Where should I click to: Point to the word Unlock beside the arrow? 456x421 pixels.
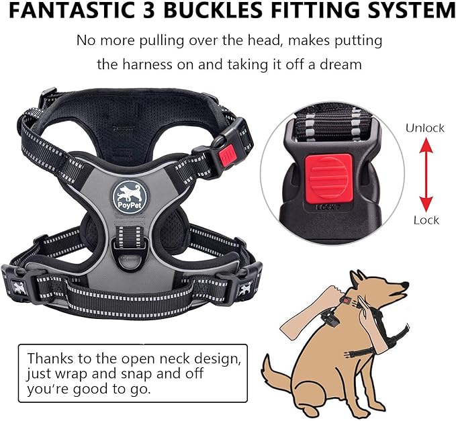point(424,128)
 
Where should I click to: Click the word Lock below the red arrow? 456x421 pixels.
point(426,220)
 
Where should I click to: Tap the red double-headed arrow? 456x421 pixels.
point(425,173)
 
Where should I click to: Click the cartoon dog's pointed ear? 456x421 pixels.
point(360,277)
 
